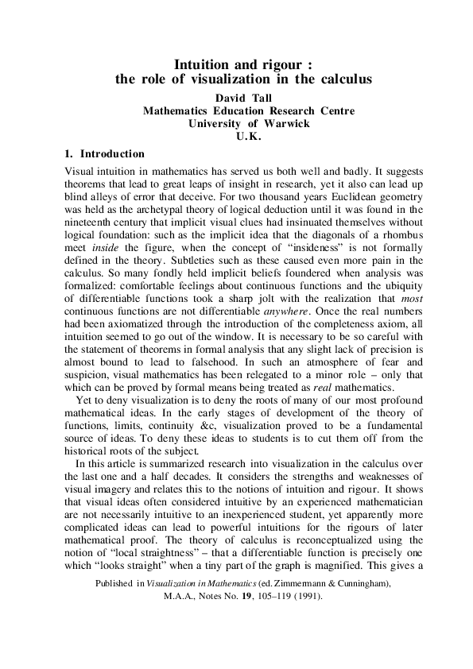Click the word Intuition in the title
pyautogui.click(x=201, y=65)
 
